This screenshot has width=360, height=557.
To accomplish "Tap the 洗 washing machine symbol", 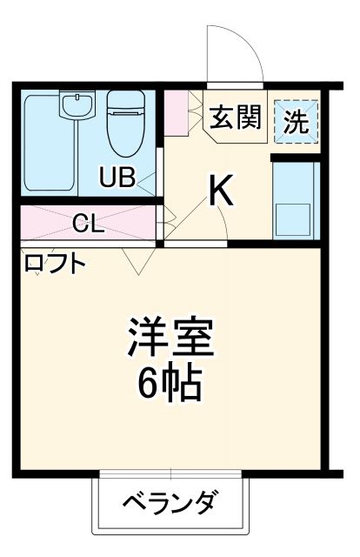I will click(x=297, y=122).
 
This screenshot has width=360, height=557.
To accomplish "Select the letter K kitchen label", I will click(x=223, y=192).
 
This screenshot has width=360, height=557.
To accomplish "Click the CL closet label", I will click(x=88, y=224).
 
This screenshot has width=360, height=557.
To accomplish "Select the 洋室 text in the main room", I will click(x=170, y=338).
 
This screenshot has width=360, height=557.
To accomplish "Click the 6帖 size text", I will click(x=170, y=383).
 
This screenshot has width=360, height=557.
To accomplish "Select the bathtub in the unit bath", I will click(x=48, y=144).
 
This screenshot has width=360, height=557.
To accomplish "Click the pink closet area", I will click(x=52, y=224).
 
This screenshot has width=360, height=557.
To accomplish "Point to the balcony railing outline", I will click(x=170, y=526).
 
